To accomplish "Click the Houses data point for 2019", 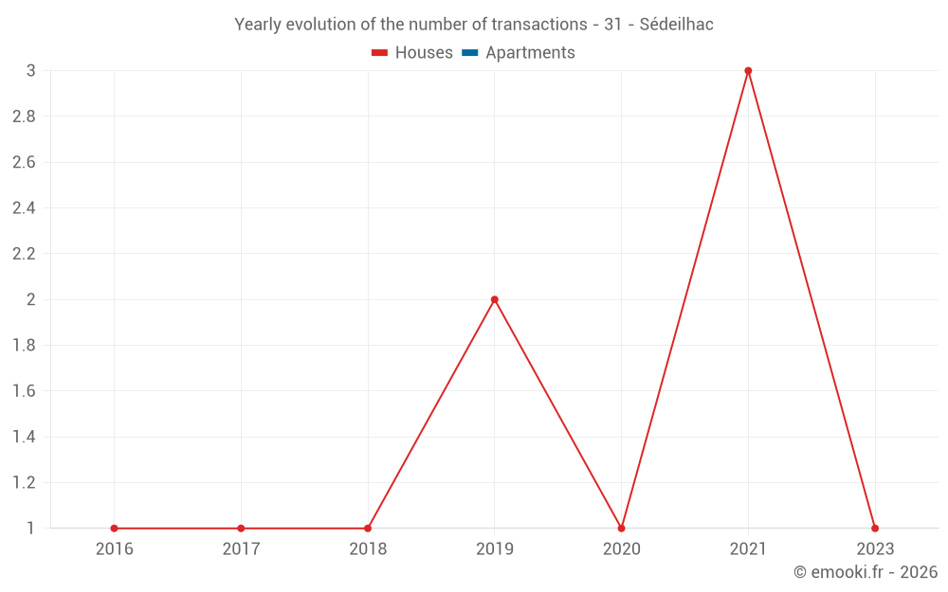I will point(495,299).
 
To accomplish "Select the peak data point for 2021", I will point(748,71).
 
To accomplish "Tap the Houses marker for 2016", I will point(114,529).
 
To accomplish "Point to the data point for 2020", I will point(621,529).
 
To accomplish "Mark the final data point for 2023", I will point(875,529).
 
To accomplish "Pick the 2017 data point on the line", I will point(241,529).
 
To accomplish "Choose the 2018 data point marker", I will point(368,529).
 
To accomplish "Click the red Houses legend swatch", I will point(380,53).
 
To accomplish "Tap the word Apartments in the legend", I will point(530,53).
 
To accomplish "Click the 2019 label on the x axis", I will point(495,549).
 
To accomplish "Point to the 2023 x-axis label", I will point(875,549).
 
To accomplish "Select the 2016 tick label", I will point(114,549).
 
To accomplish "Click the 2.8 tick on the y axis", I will point(24,117).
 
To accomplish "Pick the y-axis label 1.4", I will point(24,437).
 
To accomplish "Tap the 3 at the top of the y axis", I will point(30,71).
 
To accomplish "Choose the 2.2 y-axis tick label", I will point(24,254).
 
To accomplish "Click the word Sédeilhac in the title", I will point(676,25).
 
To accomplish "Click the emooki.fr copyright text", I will point(866,572).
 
